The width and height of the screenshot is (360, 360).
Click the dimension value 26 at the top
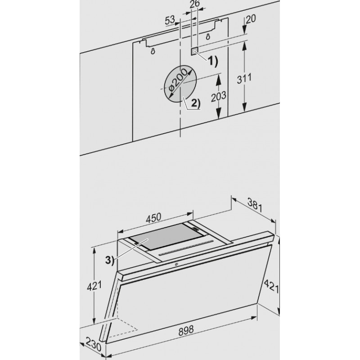click(195, 4)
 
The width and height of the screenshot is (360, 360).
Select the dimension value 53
click(170, 20)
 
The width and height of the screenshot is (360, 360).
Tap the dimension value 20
click(251, 19)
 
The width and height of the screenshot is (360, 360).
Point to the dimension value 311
click(244, 79)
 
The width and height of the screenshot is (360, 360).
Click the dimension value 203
click(219, 96)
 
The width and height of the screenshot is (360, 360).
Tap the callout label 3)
click(109, 260)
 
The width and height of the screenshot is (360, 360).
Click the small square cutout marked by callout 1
click(194, 51)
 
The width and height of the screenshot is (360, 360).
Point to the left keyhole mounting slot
click(153, 51)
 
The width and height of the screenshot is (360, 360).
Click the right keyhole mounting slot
click(208, 36)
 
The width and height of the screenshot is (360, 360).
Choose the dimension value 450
click(153, 217)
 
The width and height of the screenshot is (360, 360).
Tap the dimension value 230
click(94, 344)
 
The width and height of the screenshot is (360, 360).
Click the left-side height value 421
click(94, 286)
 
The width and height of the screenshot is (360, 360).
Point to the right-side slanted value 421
click(271, 286)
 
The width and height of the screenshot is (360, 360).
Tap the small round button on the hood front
click(176, 264)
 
